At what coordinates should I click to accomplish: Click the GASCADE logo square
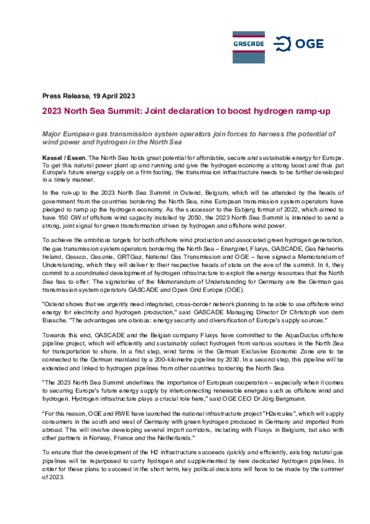click(x=248, y=47)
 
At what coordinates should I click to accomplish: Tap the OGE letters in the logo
click(x=309, y=44)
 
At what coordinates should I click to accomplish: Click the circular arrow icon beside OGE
click(x=282, y=44)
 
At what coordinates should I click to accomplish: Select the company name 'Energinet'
click(x=232, y=249)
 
